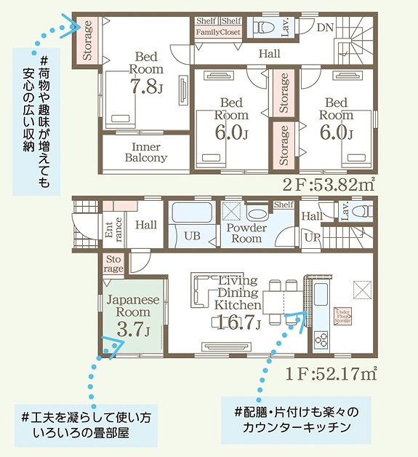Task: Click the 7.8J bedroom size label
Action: click(x=145, y=88)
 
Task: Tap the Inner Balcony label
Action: click(x=146, y=151)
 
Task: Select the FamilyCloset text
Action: click(x=219, y=33)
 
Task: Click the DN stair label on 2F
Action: click(x=326, y=27)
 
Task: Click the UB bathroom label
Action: click(x=192, y=237)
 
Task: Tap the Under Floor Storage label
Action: click(x=343, y=314)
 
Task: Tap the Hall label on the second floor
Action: click(x=269, y=54)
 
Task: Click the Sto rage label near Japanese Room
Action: click(x=114, y=263)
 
